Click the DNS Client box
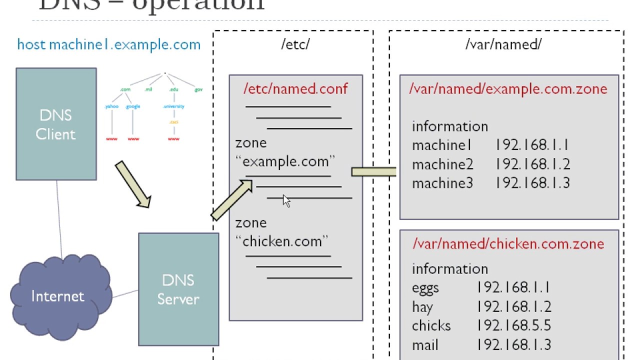[x=56, y=124]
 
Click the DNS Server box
[x=178, y=289]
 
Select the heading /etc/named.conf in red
[x=295, y=89]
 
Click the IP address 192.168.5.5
[x=514, y=325]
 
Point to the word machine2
[x=442, y=164]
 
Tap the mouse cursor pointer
[x=286, y=201]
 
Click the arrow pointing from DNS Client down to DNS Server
[x=133, y=184]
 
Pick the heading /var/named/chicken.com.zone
[x=508, y=244]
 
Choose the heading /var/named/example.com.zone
[x=508, y=89]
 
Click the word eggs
[x=425, y=288]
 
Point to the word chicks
[x=431, y=325]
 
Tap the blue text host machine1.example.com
[x=108, y=44]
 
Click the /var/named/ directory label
[x=503, y=44]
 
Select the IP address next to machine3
[x=533, y=183]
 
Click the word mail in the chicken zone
[x=425, y=344]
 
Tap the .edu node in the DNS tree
[x=174, y=89]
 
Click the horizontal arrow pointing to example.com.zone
[x=374, y=172]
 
